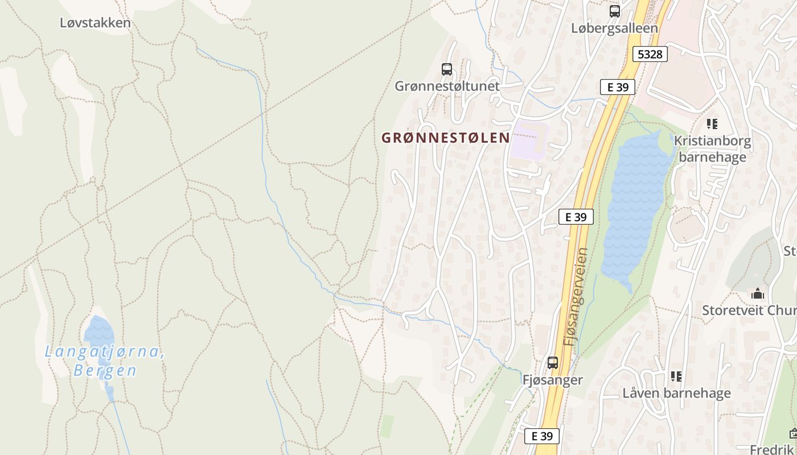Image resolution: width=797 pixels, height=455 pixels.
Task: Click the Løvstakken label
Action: [x=95, y=23]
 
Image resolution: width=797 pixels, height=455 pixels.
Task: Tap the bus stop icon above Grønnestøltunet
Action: [x=447, y=69]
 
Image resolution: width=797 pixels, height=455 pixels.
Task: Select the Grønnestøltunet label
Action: [x=447, y=86]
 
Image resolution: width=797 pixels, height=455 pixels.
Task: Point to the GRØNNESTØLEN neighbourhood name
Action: [x=445, y=138]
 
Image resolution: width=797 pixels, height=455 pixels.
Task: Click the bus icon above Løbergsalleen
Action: [x=614, y=11]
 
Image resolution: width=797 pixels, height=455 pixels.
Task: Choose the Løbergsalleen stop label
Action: [x=614, y=28]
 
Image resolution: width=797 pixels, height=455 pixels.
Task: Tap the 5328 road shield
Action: [x=650, y=54]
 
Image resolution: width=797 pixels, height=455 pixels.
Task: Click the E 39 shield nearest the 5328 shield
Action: [x=618, y=87]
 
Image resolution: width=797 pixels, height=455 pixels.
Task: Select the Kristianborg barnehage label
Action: [x=712, y=149]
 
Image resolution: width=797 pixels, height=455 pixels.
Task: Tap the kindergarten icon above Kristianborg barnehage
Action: [x=712, y=123]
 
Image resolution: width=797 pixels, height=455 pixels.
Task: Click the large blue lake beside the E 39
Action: [x=635, y=205]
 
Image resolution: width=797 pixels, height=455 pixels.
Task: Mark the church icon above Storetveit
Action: [x=758, y=294]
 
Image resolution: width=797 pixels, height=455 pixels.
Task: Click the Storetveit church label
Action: [x=749, y=311]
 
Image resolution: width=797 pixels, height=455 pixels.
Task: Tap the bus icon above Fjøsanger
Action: [x=552, y=362]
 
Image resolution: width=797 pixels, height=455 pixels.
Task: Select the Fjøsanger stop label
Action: [x=552, y=379]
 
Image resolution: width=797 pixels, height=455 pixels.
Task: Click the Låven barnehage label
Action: [x=676, y=393]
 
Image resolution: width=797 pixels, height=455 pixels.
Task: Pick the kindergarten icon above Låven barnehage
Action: [x=676, y=376]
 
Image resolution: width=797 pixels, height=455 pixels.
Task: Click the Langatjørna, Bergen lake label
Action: [x=105, y=361]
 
